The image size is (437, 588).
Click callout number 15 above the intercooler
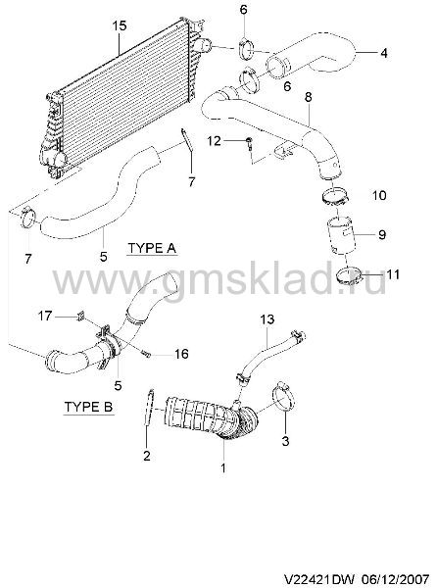[120, 25]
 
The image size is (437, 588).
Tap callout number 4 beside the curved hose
[383, 53]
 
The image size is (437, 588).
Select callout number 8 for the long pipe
[308, 97]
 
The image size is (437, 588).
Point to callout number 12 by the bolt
[215, 141]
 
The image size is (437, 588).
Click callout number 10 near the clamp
[379, 195]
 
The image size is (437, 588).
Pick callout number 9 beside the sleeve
[382, 235]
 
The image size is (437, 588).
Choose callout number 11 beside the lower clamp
[393, 274]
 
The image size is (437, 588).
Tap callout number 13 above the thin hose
[267, 319]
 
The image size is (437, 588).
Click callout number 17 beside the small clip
[45, 317]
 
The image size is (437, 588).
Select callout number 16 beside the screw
[181, 354]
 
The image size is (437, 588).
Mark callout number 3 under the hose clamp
[285, 441]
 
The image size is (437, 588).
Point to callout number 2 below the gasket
[147, 456]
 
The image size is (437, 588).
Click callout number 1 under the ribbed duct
[223, 467]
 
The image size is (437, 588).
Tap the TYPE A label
[152, 248]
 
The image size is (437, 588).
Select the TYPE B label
[88, 407]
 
